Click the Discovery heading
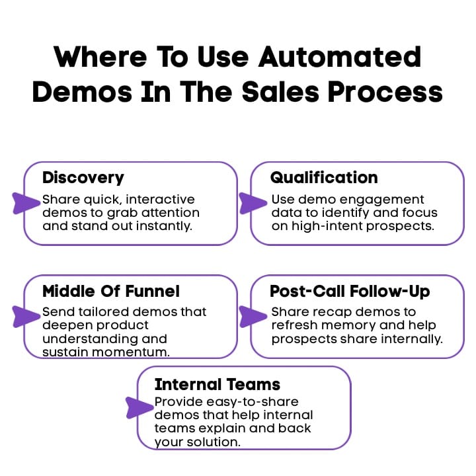(x=83, y=177)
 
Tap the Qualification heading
(x=324, y=177)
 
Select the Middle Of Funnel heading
(x=111, y=291)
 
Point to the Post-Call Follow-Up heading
(x=349, y=291)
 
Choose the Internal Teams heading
(x=218, y=384)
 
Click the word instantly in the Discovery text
(x=170, y=226)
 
